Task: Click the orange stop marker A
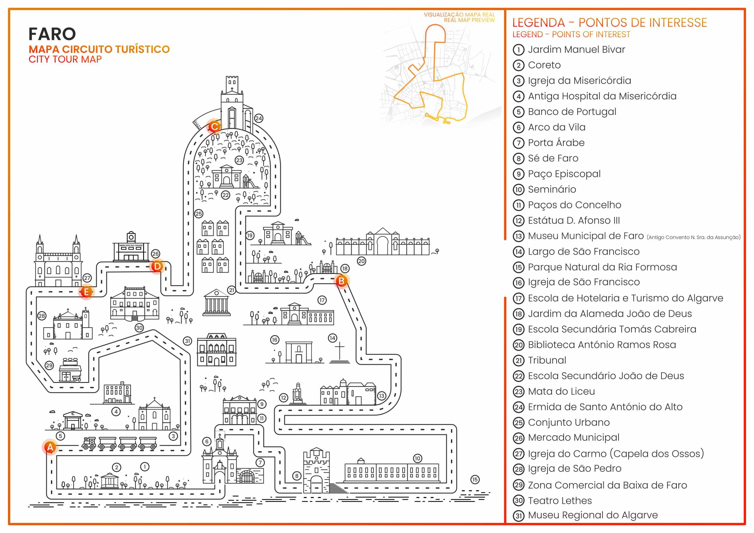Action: (50, 447)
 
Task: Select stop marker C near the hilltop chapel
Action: (214, 126)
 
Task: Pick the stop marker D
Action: (157, 266)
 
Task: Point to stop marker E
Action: (86, 292)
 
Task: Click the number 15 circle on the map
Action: (475, 479)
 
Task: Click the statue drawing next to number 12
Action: (298, 393)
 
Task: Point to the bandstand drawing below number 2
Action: (110, 481)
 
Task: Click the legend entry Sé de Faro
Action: (553, 158)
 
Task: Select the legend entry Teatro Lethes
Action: (560, 501)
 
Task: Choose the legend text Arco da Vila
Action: (557, 127)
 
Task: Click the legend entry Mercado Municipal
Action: (574, 437)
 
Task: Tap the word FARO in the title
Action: (52, 34)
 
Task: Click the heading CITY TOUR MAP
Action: (65, 59)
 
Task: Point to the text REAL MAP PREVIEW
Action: (469, 20)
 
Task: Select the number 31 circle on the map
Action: (188, 341)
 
